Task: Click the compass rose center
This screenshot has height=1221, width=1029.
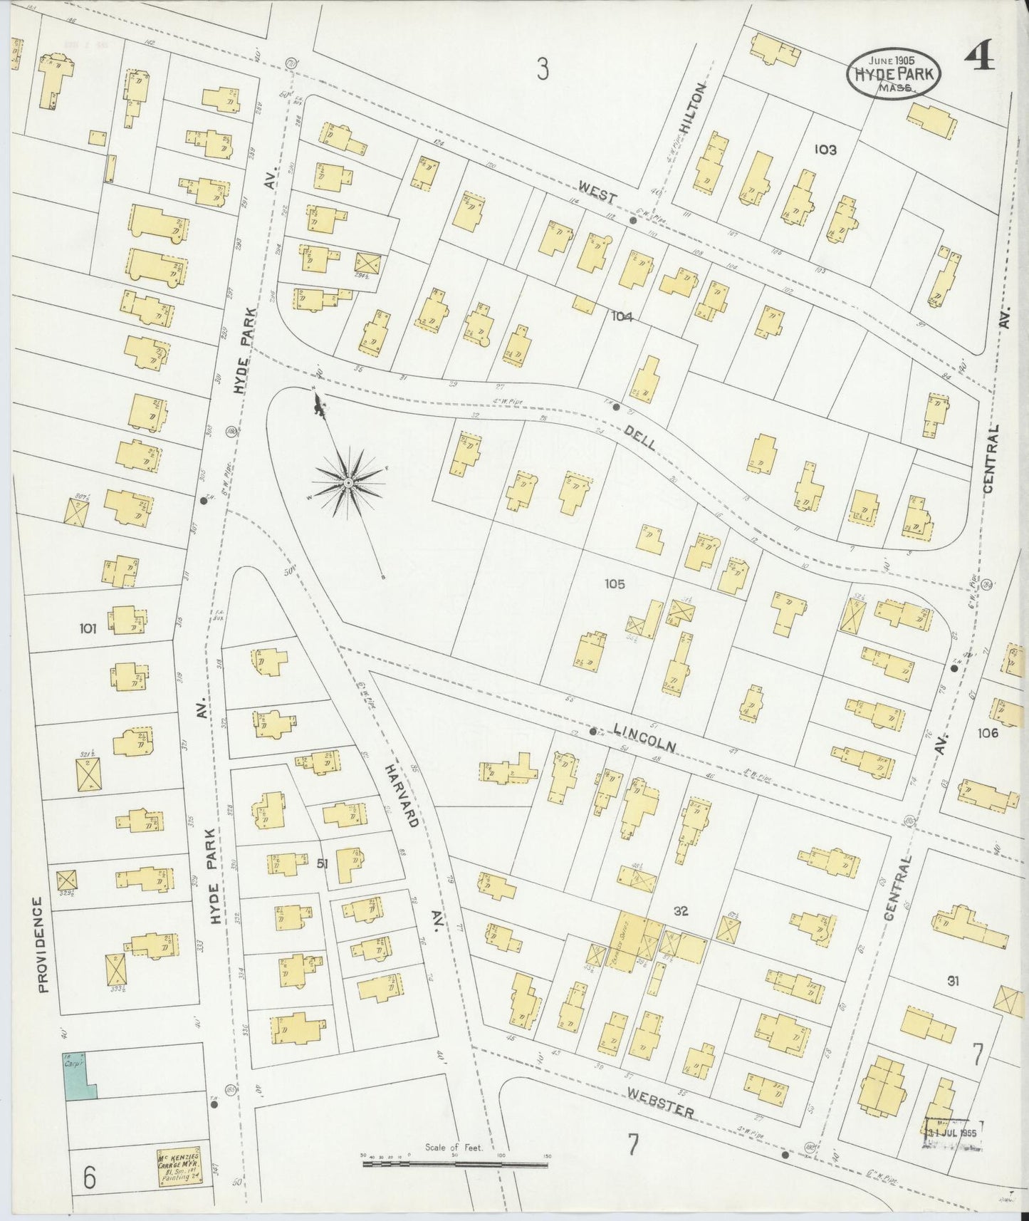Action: pos(348,484)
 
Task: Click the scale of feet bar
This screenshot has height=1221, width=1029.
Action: pos(456,1164)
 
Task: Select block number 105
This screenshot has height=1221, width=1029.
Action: pos(614,584)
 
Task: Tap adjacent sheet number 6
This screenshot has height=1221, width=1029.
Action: pos(89,1179)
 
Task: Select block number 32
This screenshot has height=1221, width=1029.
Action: pos(681,910)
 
